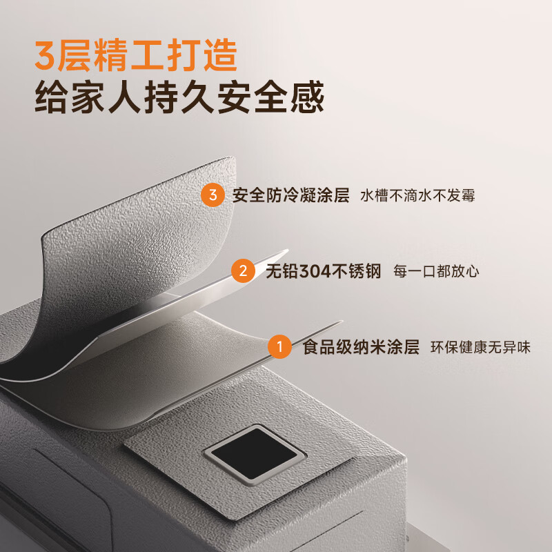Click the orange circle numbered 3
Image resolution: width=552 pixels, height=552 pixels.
pos(213,195)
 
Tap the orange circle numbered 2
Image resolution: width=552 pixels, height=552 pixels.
pos(242,270)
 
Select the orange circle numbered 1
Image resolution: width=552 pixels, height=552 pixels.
pos(279,346)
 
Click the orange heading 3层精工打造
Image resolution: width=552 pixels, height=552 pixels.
pos(136,57)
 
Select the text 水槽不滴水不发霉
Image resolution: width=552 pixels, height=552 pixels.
pos(417,196)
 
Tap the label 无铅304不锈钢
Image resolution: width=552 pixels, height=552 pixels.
pos(324,271)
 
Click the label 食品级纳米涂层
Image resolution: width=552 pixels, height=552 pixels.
pos(361,347)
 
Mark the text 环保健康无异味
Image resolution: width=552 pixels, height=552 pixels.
pos(480,347)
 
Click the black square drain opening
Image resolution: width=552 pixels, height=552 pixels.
pos(254,453)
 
